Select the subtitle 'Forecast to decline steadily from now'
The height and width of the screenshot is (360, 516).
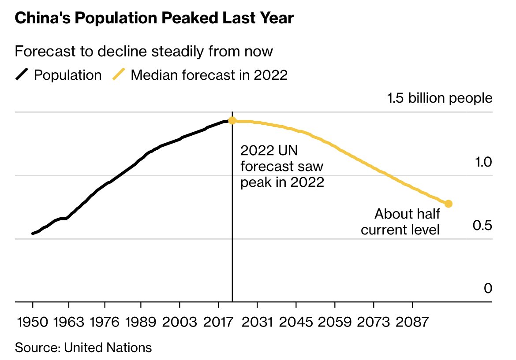pos(144,52)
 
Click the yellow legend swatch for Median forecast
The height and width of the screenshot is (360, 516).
pos(119,75)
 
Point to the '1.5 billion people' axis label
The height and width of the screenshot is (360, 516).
pos(439,98)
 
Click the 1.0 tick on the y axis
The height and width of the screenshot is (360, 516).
pos(482,163)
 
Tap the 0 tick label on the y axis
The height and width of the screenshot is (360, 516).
pos(487,289)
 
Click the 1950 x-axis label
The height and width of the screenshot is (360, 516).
pos(33,322)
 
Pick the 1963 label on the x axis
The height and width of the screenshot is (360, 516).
pos(68,322)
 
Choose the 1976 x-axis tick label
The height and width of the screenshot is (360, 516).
pos(105,322)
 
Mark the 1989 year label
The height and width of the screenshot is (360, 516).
pos(141,322)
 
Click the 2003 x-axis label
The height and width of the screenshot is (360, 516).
pos(179,322)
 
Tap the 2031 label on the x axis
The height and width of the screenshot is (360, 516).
pos(257,322)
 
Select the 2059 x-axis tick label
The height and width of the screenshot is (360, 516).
pos(335,322)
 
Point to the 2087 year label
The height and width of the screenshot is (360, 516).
pos(412,322)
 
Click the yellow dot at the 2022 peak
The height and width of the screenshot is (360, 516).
pos(232,121)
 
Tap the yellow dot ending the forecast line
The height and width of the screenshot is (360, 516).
pos(449,204)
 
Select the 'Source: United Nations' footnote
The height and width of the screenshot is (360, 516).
pos(83,348)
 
